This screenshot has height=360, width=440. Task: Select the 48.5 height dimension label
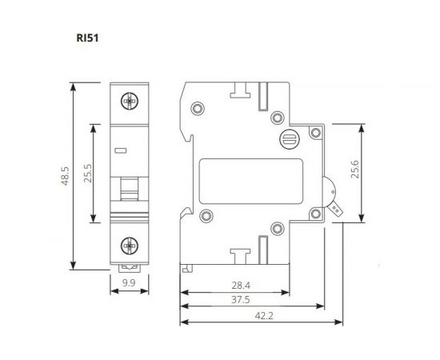(x=66, y=175)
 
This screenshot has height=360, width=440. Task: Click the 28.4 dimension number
(x=240, y=285)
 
